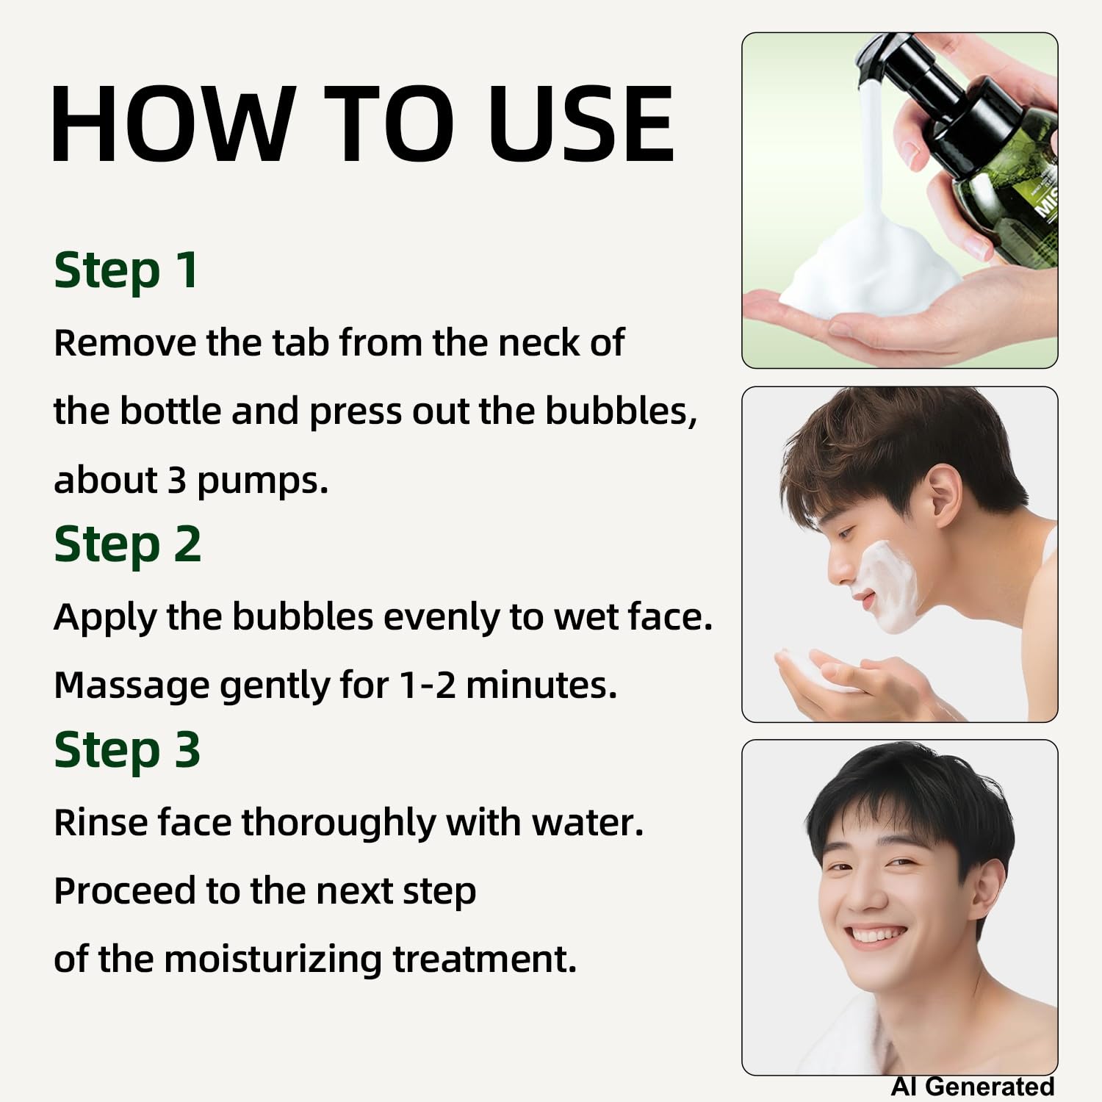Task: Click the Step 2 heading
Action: pyautogui.click(x=127, y=546)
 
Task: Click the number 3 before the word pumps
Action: pyautogui.click(x=176, y=480)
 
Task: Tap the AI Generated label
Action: pyautogui.click(x=973, y=1086)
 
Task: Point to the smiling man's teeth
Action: pyautogui.click(x=876, y=935)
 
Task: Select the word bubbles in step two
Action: pyautogui.click(x=303, y=617)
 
